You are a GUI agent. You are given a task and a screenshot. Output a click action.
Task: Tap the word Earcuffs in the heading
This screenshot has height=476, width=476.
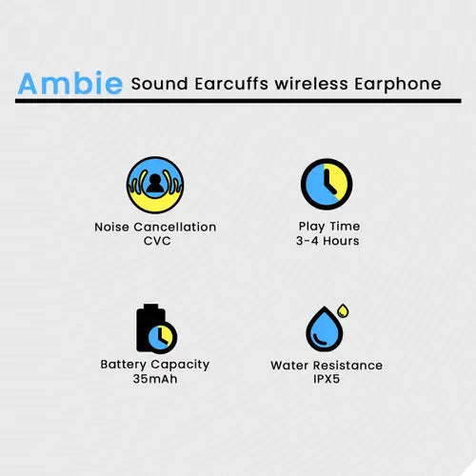tap(228, 83)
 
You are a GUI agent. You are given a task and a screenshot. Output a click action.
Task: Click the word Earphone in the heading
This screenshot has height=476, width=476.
tap(400, 84)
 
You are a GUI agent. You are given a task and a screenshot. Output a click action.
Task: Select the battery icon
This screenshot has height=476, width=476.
tap(153, 327)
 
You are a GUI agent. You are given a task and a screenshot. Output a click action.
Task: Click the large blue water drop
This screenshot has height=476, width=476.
tap(322, 330)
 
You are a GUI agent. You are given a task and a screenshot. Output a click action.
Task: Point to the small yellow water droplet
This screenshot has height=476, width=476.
tap(343, 310)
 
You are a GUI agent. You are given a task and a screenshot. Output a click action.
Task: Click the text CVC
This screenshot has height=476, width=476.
tap(155, 241)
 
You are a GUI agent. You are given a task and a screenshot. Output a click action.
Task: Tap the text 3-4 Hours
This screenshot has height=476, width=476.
tap(327, 241)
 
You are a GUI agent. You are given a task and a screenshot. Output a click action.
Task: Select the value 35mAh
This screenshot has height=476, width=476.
tap(155, 379)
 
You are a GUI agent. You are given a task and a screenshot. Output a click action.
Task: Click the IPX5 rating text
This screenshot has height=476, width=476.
tap(327, 379)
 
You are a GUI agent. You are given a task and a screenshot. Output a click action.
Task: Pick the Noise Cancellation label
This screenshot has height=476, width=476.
tap(155, 227)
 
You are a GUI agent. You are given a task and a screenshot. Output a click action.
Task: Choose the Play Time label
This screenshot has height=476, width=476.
tap(327, 227)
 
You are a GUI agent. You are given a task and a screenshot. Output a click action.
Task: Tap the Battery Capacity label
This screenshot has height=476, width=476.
tap(155, 365)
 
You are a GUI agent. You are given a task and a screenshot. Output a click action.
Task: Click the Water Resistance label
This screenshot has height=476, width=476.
tap(327, 365)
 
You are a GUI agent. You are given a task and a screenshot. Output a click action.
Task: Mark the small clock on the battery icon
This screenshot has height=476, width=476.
tap(164, 335)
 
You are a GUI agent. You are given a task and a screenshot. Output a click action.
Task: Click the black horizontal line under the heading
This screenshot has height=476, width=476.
tap(238, 100)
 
